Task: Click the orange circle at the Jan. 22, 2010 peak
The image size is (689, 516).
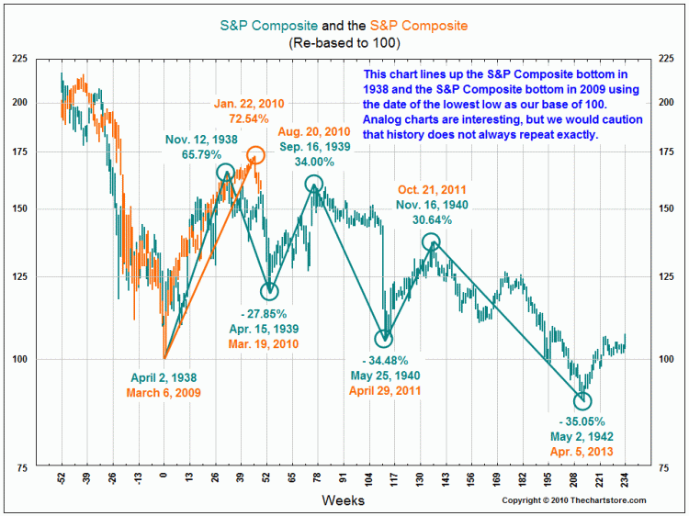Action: point(255,154)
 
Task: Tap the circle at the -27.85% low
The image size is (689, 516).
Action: point(269,291)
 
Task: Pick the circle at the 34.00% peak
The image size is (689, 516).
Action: point(313,184)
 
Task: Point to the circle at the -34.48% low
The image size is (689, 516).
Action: point(384,338)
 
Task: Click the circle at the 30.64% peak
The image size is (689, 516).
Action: point(431,241)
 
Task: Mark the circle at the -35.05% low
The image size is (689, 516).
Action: point(582,400)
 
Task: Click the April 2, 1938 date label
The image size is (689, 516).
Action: point(164,377)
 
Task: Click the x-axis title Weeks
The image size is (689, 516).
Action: point(343,500)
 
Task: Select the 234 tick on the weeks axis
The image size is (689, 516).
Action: point(626,478)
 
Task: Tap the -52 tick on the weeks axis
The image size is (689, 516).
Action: point(62,478)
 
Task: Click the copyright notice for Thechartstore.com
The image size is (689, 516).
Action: point(574,500)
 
